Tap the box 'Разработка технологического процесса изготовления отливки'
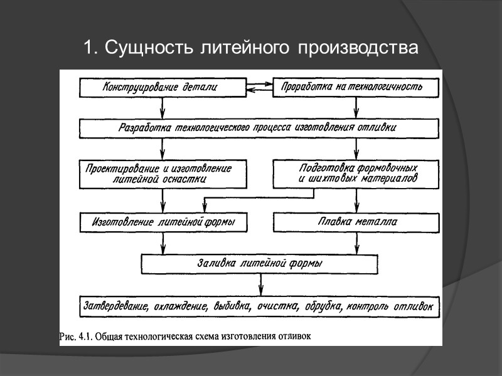click(258, 128)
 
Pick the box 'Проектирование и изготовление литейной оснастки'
click(163, 174)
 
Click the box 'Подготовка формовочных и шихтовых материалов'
click(356, 174)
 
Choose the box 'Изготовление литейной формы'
click(163, 222)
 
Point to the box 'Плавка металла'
click(356, 222)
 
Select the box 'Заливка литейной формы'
click(260, 264)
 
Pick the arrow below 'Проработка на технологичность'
click(356, 108)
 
